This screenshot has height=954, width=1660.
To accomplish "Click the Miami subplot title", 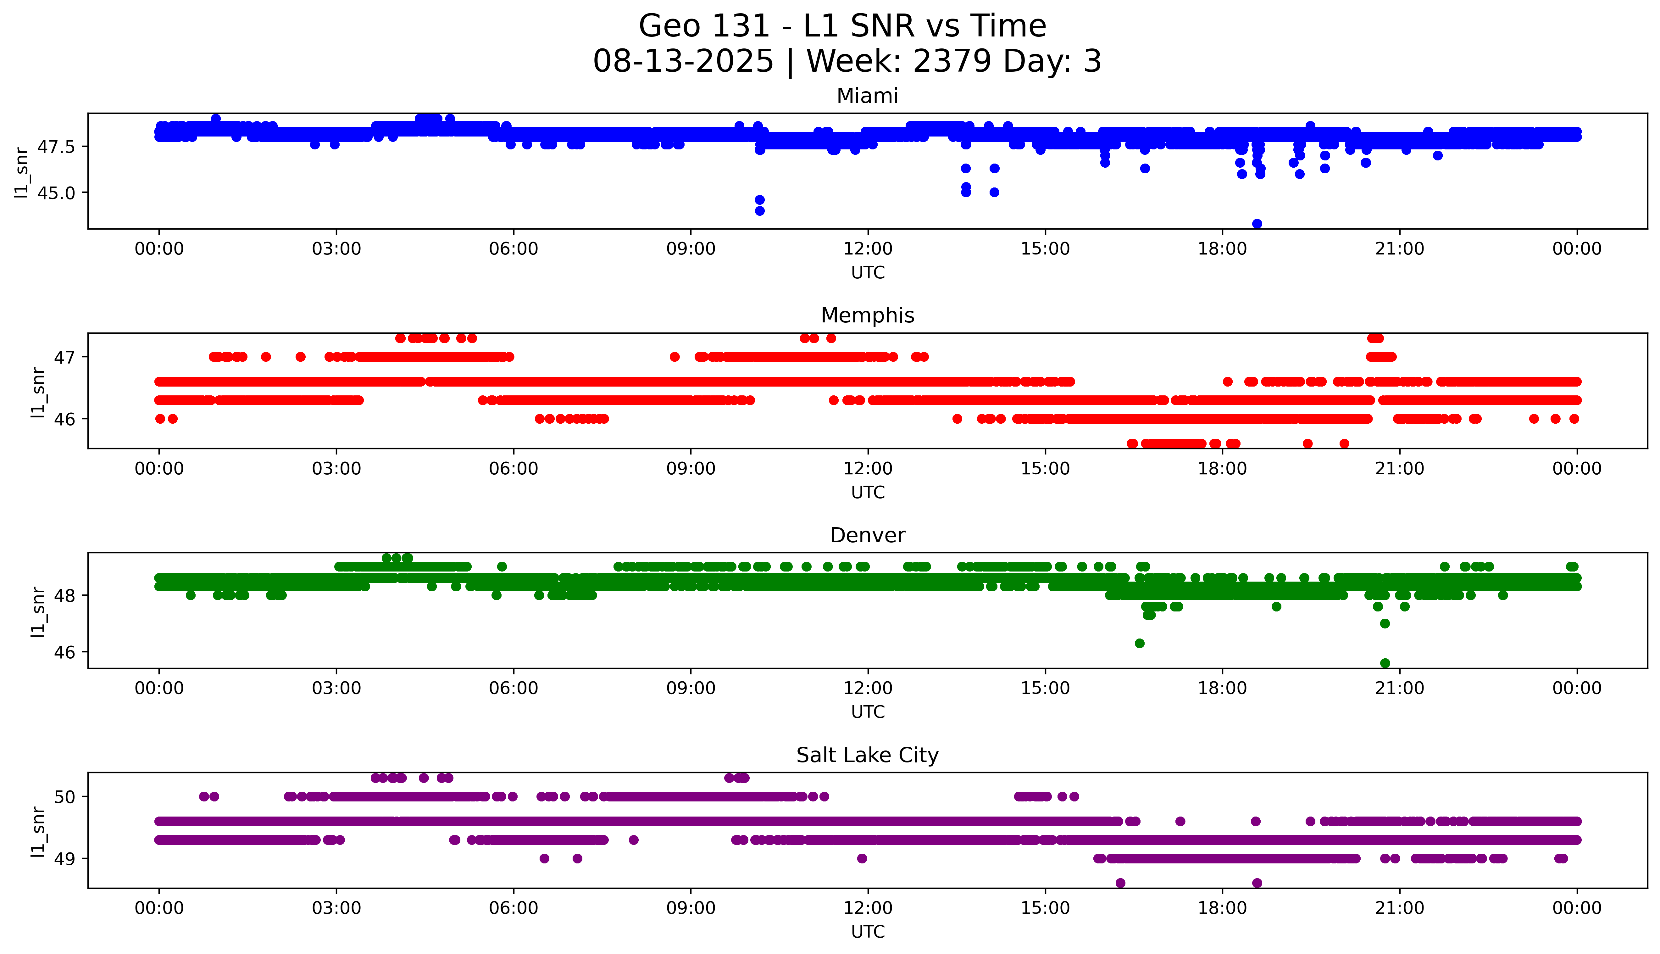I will [x=867, y=96].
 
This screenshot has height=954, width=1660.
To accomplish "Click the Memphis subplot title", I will [x=867, y=316].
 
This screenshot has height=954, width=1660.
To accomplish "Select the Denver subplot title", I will [x=867, y=535].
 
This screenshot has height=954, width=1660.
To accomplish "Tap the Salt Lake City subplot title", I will [x=867, y=756].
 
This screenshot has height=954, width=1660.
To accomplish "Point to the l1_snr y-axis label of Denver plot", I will [x=38, y=611].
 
